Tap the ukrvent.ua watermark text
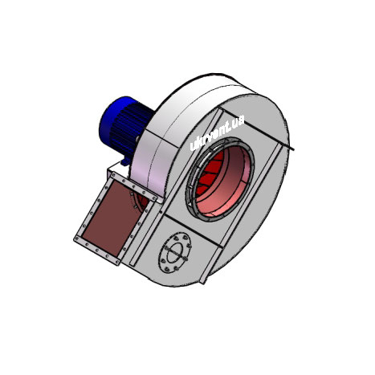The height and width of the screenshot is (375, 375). [x=217, y=132]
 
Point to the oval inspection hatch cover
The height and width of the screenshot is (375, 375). [x=175, y=252]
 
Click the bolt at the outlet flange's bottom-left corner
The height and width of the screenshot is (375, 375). [x=77, y=238]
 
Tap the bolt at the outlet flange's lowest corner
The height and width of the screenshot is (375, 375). [x=117, y=262]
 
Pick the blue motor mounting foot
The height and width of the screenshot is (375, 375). [x=125, y=161]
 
